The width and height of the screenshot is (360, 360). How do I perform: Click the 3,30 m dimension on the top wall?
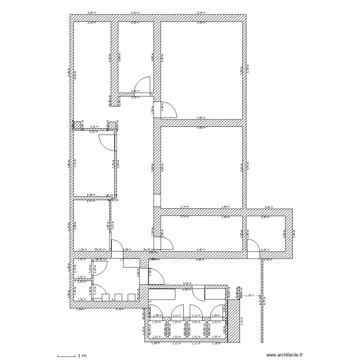click(x=91, y=13)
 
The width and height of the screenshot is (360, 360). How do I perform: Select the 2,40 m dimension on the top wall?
click(x=136, y=13)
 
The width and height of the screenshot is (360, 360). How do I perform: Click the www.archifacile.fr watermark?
click(x=284, y=355)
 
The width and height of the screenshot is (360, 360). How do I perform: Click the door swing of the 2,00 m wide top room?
click(x=143, y=85)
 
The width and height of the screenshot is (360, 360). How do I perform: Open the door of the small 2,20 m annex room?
click(x=252, y=244)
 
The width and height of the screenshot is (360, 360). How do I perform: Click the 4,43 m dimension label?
click(x=188, y=284)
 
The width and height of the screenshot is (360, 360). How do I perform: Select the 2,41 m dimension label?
click(x=95, y=127)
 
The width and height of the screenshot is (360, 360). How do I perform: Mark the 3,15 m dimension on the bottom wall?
click(x=119, y=310)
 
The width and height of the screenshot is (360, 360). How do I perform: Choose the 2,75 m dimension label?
click(x=184, y=207)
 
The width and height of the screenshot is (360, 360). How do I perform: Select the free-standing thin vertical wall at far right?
click(x=263, y=300)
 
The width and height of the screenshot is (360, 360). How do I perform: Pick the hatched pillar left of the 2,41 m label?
click(x=76, y=125)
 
